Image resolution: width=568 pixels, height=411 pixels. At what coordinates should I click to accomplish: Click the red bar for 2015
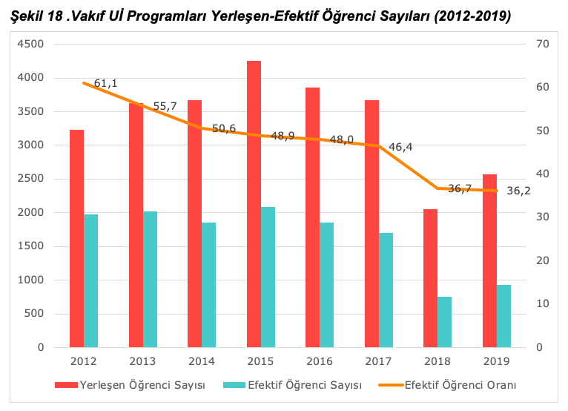[x=254, y=204]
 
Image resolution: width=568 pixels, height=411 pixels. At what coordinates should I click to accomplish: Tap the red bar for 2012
[x=76, y=238]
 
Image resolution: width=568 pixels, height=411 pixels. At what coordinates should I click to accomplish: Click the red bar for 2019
[x=489, y=260]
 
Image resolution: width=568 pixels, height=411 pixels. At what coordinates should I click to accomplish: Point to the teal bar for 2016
[x=327, y=285]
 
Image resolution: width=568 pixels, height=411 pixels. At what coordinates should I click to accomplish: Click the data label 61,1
[x=106, y=83]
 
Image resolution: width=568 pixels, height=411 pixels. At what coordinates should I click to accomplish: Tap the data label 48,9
[x=283, y=136]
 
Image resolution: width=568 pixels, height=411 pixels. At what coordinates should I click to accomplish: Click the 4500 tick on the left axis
[x=30, y=44]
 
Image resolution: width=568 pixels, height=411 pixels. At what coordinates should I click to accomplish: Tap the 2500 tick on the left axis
[x=30, y=179]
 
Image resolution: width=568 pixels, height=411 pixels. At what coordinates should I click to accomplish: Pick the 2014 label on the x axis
[x=201, y=361]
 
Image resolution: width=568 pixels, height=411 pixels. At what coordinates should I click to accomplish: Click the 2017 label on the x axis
[x=378, y=361]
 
